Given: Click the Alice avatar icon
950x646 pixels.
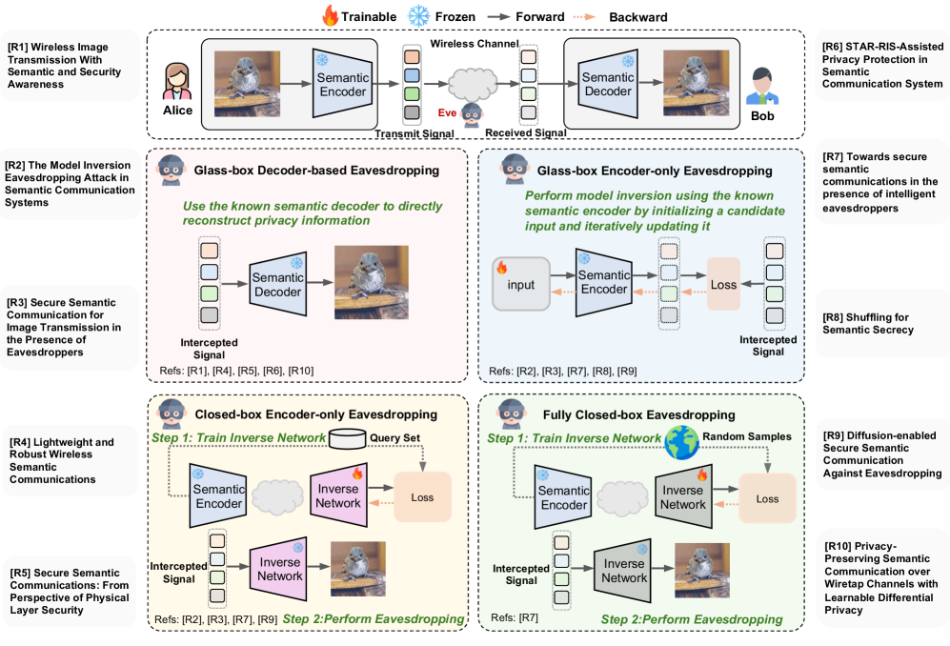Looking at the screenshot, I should pyautogui.click(x=178, y=81).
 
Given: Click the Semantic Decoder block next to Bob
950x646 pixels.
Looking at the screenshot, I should pyautogui.click(x=607, y=79).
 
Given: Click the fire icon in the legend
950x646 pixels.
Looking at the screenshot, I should pyautogui.click(x=330, y=15).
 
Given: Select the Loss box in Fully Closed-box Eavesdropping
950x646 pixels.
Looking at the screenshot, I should pyautogui.click(x=767, y=497).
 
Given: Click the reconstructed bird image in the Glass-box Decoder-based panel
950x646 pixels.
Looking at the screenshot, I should pyautogui.click(x=371, y=282).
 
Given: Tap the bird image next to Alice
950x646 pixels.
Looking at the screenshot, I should pyautogui.click(x=246, y=79).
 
